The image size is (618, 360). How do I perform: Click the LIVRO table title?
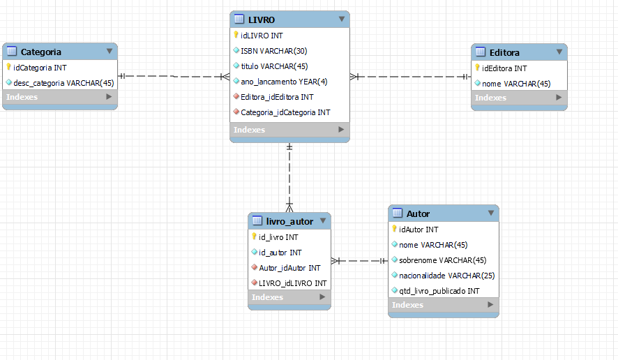tap(262, 20)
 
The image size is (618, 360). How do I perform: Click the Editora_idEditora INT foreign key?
tap(277, 97)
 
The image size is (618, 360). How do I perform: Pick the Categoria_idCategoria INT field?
tap(285, 112)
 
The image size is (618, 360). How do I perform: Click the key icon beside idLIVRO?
tap(236, 35)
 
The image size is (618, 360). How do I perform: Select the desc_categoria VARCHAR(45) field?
tap(63, 83)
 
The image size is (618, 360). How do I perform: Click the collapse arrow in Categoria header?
tap(110, 52)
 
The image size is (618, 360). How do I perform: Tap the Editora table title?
tap(504, 52)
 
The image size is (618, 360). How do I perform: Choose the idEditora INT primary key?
tap(504, 68)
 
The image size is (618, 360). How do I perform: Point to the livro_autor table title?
tap(289, 221)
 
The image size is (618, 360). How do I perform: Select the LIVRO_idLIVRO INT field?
tap(292, 283)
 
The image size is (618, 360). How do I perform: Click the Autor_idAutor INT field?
tap(289, 268)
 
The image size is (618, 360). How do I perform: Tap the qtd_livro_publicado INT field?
tap(439, 291)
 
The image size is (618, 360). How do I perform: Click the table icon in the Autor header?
tap(398, 213)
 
